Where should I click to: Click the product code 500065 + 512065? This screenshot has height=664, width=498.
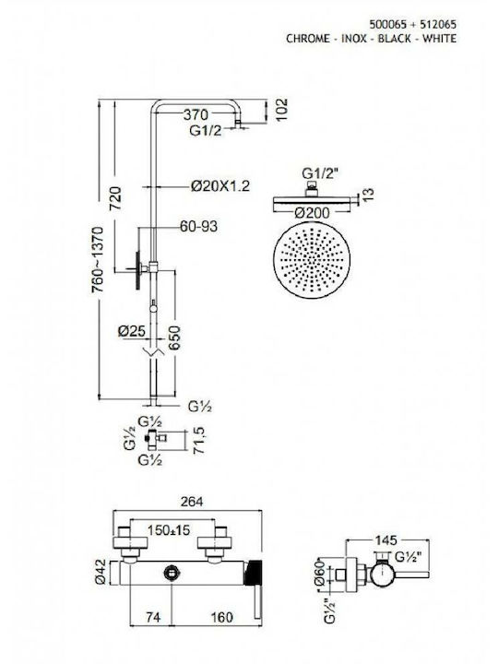(x=413, y=24)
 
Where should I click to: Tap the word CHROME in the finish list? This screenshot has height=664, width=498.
(x=308, y=39)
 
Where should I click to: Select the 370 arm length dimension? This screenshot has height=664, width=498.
(x=196, y=114)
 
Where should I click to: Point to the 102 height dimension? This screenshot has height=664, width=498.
(x=281, y=110)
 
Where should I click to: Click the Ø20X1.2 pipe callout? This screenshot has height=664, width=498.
(x=220, y=185)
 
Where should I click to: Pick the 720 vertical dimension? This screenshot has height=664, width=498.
(x=115, y=198)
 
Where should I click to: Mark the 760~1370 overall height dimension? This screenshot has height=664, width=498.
(x=98, y=259)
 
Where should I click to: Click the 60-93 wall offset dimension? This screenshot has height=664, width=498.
(x=198, y=227)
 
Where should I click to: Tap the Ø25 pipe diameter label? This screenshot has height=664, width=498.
(x=131, y=331)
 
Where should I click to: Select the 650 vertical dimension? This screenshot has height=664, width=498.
(x=174, y=338)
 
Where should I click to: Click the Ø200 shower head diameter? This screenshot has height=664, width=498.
(x=312, y=213)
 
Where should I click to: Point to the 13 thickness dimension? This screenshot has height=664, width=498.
(x=368, y=194)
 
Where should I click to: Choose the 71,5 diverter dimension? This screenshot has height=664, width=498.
(x=198, y=441)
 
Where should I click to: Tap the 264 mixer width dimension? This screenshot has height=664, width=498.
(x=192, y=502)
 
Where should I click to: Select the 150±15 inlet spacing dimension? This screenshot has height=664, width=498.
(x=169, y=529)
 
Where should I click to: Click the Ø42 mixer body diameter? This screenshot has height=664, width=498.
(x=101, y=573)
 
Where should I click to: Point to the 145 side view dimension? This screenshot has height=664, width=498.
(x=386, y=539)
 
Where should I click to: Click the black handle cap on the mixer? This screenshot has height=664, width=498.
(x=254, y=573)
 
